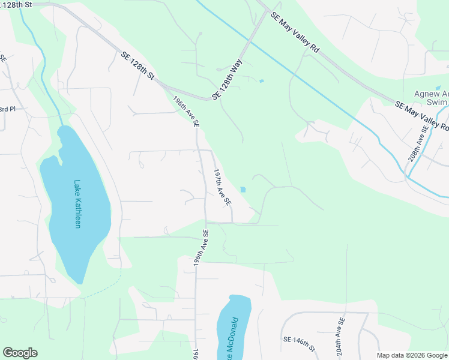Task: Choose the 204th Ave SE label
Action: click(340, 335)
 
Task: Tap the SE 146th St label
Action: click(300, 343)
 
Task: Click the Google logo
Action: click(20, 353)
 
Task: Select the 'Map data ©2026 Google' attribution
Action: click(412, 355)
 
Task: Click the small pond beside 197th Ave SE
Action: click(243, 190)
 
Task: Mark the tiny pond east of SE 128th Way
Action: click(261, 81)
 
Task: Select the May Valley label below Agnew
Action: click(423, 116)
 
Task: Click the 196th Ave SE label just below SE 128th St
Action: click(186, 112)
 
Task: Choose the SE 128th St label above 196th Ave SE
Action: click(138, 65)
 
